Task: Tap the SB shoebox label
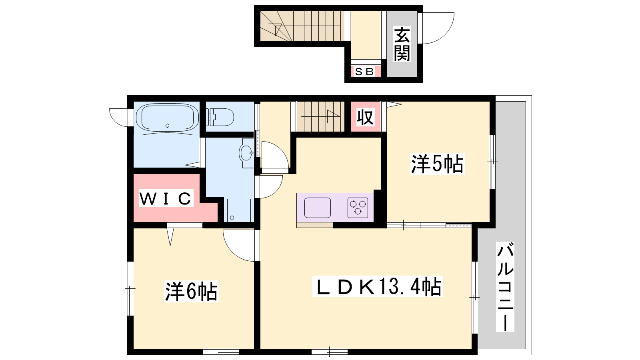pyautogui.click(x=364, y=72)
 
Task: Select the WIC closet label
pyautogui.click(x=166, y=198)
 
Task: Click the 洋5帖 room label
pyautogui.click(x=437, y=164)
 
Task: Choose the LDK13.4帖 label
pyautogui.click(x=377, y=286)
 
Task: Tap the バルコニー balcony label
pyautogui.click(x=505, y=286)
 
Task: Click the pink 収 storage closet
pyautogui.click(x=366, y=116)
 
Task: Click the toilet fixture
pyautogui.click(x=222, y=117)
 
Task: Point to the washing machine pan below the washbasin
pyautogui.click(x=239, y=210)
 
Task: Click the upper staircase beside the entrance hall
pyautogui.click(x=302, y=26)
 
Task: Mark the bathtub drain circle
pyautogui.click(x=168, y=126)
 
